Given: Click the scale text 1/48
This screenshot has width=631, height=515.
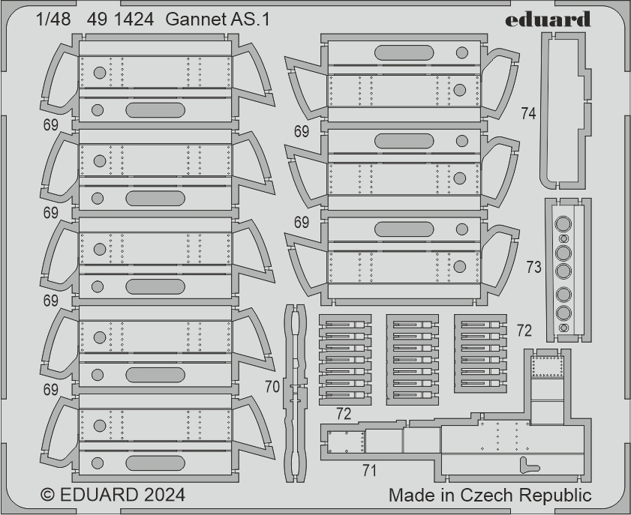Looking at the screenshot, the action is pos(53,19).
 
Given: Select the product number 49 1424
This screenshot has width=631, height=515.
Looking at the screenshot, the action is pos(120,19).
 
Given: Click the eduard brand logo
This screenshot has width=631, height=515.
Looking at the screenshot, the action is pos(548,19).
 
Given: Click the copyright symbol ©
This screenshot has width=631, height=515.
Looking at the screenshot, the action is pos(48,495).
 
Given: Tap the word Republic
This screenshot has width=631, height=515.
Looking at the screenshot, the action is pos(555,496).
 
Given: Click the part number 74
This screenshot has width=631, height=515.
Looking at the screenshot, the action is pos(528,113).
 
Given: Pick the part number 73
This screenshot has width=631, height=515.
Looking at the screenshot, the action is pos(534,267).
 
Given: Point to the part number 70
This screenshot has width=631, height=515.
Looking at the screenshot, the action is pos(272,387).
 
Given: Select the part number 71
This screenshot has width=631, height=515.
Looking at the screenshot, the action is pos(369,470).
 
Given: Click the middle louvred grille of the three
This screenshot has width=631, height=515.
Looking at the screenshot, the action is pos(413,360).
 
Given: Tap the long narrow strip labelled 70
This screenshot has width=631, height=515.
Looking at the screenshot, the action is pos(295,394).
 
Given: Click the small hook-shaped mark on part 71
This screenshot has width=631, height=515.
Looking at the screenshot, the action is pos(528,465).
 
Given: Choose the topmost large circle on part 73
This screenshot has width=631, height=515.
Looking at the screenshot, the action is pos(563,224).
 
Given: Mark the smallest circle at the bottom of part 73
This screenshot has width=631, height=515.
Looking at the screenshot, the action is pos(564,328).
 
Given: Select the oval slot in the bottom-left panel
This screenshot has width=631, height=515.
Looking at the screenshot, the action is pos(155,463).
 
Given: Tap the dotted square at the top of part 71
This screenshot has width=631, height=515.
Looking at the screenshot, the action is pos(547,367).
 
